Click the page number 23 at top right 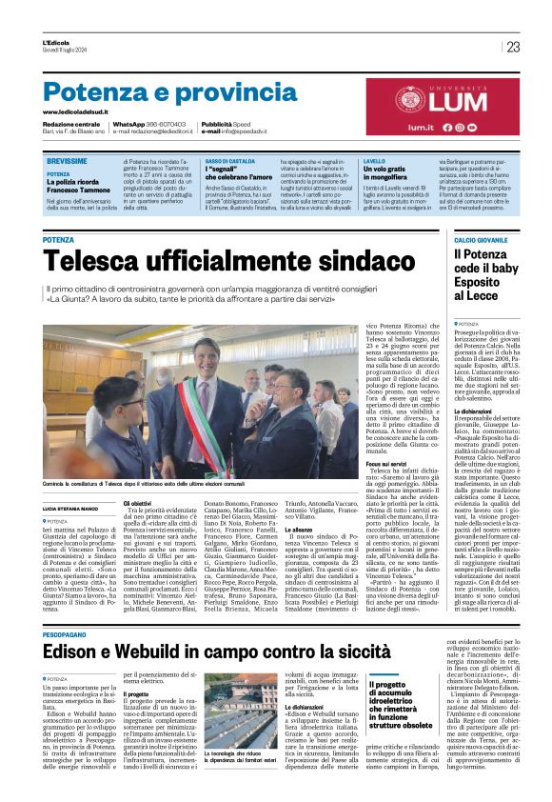[x=513, y=47]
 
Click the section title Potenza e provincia [x=156, y=91]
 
